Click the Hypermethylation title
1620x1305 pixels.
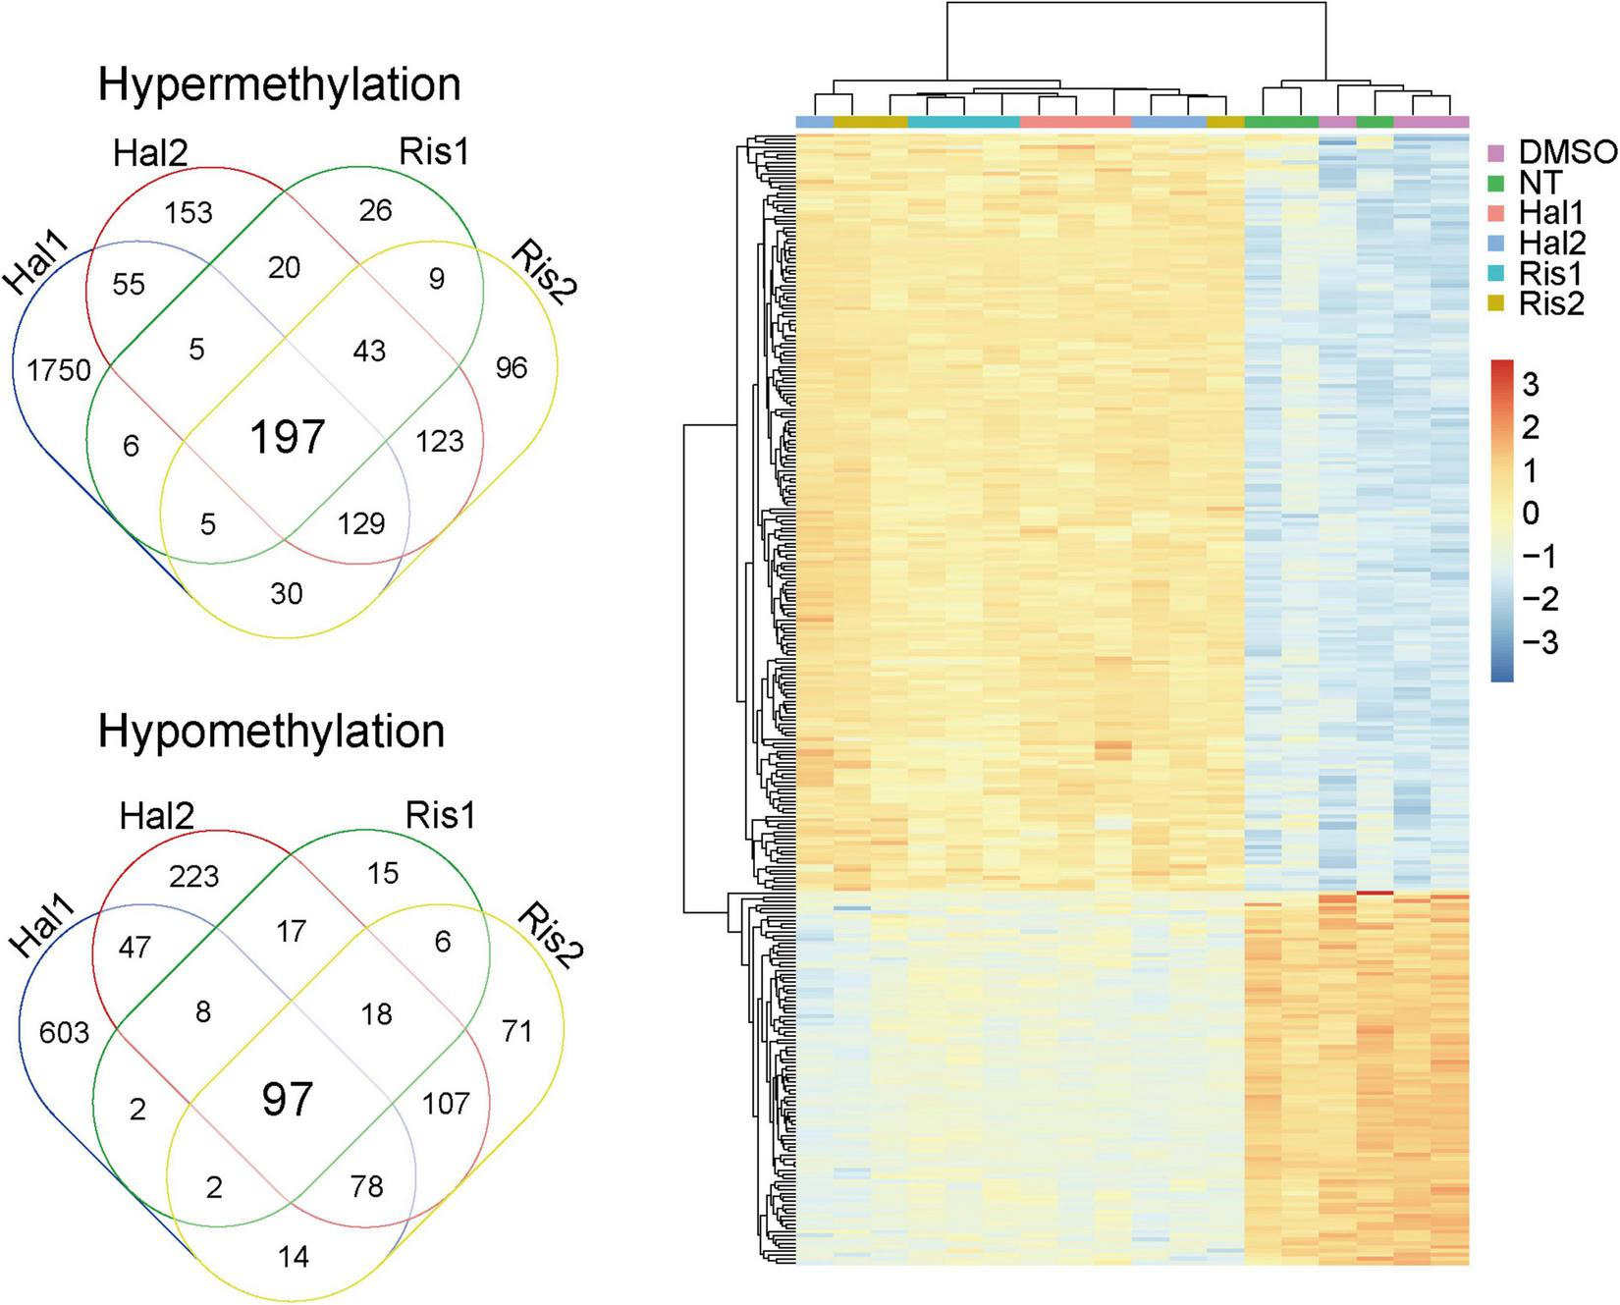point(279,85)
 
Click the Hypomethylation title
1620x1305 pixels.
point(271,732)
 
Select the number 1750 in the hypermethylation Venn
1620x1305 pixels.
point(60,370)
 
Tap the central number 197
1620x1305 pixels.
point(287,437)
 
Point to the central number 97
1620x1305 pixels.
point(287,1100)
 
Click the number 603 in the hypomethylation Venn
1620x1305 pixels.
point(64,1032)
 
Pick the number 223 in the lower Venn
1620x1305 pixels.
point(193,876)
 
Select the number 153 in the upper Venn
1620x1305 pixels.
point(189,212)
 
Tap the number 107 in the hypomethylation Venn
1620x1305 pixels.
point(446,1104)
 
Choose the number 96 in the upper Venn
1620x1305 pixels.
point(512,368)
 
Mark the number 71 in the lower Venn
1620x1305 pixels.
point(516,1031)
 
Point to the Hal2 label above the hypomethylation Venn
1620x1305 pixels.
point(156,816)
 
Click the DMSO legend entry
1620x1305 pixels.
point(1567,152)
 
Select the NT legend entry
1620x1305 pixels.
point(1539,183)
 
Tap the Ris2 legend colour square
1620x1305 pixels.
point(1497,304)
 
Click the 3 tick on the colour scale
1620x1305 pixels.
point(1530,384)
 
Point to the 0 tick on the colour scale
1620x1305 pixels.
point(1530,514)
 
